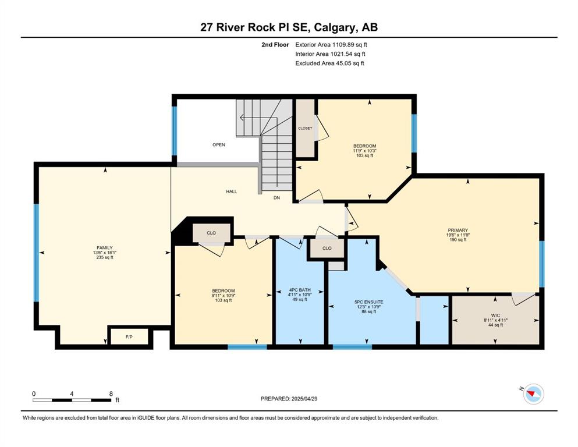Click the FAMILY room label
[x=105, y=247]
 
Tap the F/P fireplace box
[x=129, y=337]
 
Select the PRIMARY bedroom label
[x=458, y=230]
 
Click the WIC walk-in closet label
[x=495, y=315]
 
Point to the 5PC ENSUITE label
[x=368, y=302]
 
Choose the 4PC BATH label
[x=300, y=290]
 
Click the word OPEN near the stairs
[x=219, y=145]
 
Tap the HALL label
[x=232, y=191]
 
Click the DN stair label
[x=277, y=198]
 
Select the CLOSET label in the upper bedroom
[x=305, y=128]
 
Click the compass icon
[x=533, y=394]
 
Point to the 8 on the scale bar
[x=111, y=393]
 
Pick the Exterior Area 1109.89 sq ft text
[x=331, y=45]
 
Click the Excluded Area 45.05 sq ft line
[x=329, y=63]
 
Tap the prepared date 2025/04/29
[x=304, y=399]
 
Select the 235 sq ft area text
[x=105, y=257]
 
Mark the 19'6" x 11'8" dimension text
[x=458, y=235]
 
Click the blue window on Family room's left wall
[x=36, y=253]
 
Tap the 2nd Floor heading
[x=275, y=45]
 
